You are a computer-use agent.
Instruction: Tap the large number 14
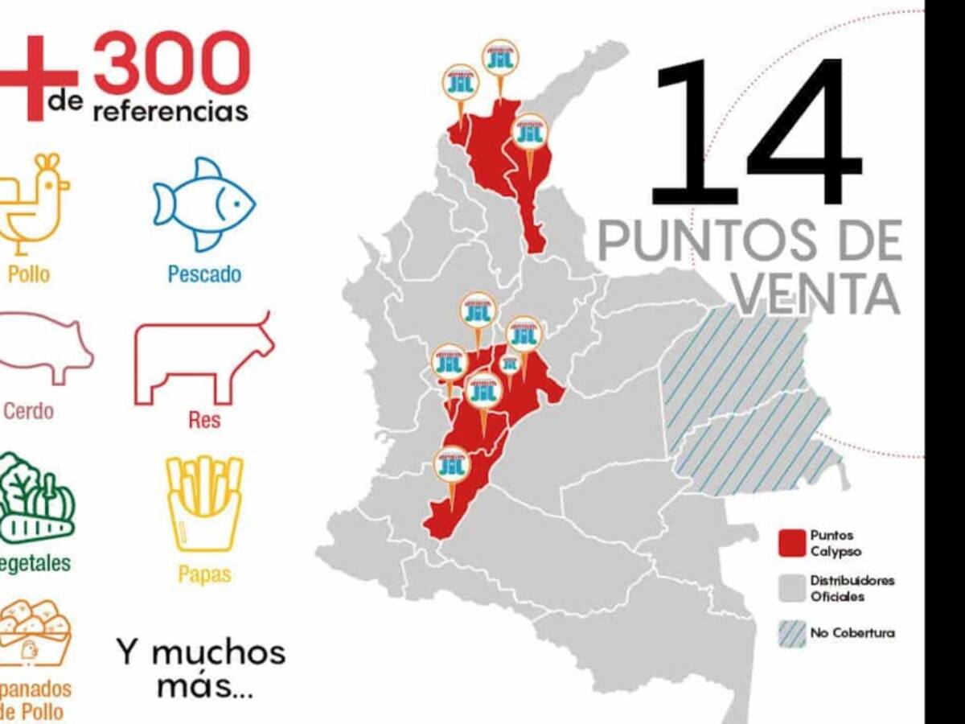click(756, 133)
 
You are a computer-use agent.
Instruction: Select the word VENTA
click(815, 294)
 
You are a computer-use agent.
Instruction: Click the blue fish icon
click(204, 204)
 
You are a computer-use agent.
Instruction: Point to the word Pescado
click(204, 274)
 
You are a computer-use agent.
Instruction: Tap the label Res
click(204, 420)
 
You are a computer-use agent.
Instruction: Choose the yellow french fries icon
click(204, 503)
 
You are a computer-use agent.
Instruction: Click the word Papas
click(204, 574)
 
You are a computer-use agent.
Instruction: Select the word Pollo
click(28, 274)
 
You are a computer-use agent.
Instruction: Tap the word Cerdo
click(28, 412)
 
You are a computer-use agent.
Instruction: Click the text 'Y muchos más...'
click(200, 668)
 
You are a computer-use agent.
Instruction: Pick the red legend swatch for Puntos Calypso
click(792, 543)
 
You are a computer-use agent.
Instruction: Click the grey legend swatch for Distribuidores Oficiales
click(792, 589)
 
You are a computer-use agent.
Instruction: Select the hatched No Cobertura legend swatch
click(792, 633)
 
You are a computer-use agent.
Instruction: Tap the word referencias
click(170, 110)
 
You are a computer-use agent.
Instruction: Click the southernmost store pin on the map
click(452, 467)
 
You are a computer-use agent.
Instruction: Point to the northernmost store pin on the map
click(500, 60)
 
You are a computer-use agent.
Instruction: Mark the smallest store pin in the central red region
click(510, 365)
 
